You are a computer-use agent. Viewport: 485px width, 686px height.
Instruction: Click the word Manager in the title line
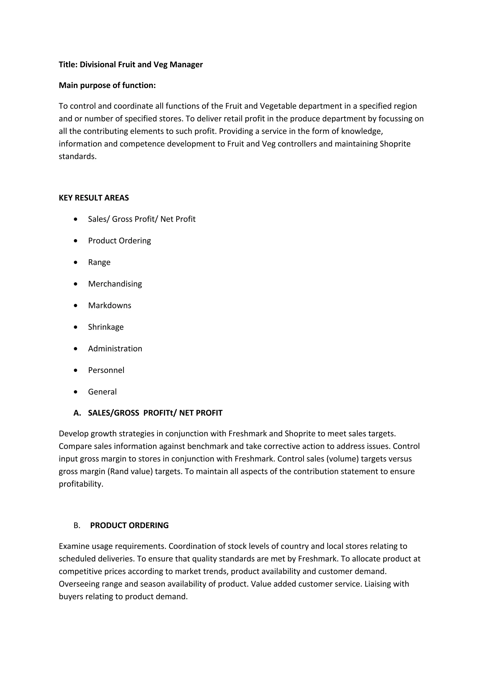(x=186, y=65)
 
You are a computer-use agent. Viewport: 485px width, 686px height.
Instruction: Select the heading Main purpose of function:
(x=107, y=85)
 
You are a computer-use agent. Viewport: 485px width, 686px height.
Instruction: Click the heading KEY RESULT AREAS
(x=94, y=198)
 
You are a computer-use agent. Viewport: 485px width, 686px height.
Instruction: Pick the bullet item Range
(x=99, y=262)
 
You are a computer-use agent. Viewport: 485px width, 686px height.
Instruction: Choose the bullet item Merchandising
(x=115, y=284)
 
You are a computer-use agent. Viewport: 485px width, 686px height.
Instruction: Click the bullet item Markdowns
(x=109, y=305)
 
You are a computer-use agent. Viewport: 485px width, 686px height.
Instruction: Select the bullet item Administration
(x=115, y=349)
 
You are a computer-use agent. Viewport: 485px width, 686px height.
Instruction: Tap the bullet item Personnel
(x=106, y=370)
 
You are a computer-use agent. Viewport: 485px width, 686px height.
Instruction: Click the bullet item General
(x=102, y=392)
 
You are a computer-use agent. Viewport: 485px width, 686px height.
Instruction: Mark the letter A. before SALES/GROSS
(x=77, y=413)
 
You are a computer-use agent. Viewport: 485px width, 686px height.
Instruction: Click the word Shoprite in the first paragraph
(x=395, y=144)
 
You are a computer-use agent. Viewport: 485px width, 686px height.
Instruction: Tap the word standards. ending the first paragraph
(x=78, y=156)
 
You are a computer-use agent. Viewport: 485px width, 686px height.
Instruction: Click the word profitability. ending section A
(x=81, y=484)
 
